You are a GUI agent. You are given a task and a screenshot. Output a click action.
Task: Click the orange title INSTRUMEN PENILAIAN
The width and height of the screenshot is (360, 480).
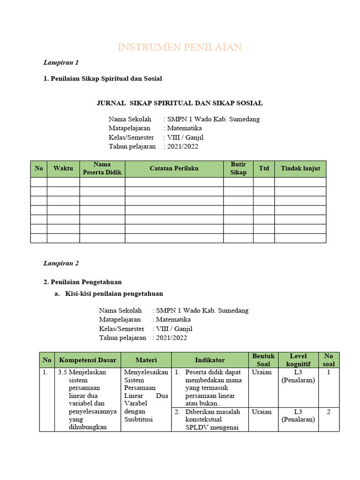[180, 47]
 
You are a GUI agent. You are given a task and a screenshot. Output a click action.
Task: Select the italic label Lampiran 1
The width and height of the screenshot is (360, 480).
[61, 62]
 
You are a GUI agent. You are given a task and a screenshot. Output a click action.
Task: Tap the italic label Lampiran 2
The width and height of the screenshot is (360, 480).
[61, 263]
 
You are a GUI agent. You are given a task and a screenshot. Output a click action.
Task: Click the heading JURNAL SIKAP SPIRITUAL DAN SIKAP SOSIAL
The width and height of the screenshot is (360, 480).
[180, 103]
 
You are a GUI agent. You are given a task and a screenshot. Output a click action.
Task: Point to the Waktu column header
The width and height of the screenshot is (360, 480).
[63, 169]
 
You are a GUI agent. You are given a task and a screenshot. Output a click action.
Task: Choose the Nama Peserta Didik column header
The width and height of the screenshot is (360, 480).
[102, 169]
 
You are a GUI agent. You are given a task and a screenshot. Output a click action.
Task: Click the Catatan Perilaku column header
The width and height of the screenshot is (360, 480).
[174, 169]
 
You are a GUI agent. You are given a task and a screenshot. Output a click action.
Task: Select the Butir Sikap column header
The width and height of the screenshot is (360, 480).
[238, 169]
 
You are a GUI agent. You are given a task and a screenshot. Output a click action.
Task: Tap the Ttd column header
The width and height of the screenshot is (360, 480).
[264, 168]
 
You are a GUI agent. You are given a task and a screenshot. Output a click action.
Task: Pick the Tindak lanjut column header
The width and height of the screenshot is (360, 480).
[300, 169]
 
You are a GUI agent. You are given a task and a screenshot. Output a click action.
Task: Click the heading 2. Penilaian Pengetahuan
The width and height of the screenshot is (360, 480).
[82, 282]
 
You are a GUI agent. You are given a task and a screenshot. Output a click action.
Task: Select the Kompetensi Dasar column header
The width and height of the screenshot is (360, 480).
[87, 360]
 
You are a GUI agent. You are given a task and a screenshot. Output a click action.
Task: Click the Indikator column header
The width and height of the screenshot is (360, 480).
[210, 360]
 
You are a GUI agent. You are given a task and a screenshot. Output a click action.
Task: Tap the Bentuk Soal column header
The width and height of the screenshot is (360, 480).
[263, 360]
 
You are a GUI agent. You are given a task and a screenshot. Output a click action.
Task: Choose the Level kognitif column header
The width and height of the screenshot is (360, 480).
[298, 360]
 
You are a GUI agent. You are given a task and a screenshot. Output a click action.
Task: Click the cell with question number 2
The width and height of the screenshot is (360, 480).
[329, 412]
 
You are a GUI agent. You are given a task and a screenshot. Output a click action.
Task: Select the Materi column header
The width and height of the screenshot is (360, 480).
[146, 360]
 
